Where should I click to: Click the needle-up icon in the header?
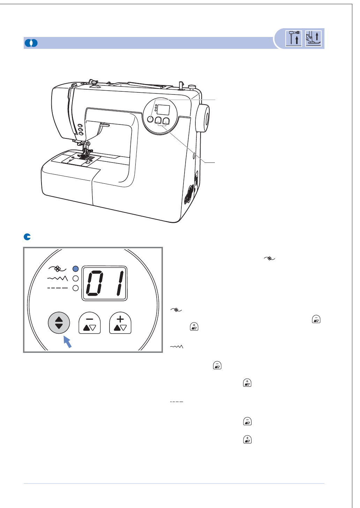pyautogui.click(x=294, y=38)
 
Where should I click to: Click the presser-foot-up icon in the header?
pyautogui.click(x=313, y=38)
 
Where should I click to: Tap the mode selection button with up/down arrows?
pyautogui.click(x=59, y=323)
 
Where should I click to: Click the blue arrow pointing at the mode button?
pyautogui.click(x=67, y=342)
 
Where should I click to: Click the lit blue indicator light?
pyautogui.click(x=75, y=269)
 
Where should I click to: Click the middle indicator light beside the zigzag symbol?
pyautogui.click(x=75, y=279)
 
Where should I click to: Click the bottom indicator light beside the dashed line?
pyautogui.click(x=75, y=288)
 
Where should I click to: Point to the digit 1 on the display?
pyautogui.click(x=120, y=283)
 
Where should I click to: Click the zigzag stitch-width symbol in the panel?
pyautogui.click(x=58, y=278)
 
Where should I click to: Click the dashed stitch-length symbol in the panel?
pyautogui.click(x=58, y=288)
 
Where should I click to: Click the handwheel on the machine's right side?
pyautogui.click(x=203, y=118)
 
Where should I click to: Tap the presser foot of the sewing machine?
pyautogui.click(x=85, y=154)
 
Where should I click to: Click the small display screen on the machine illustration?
pyautogui.click(x=163, y=110)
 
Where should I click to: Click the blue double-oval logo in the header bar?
pyautogui.click(x=31, y=43)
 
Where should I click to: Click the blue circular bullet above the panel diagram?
pyautogui.click(x=27, y=237)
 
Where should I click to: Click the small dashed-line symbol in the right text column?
pyautogui.click(x=177, y=402)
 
